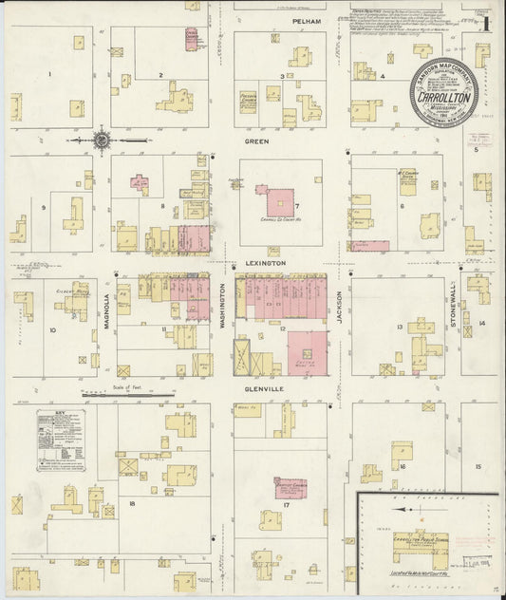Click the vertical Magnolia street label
(x=105, y=310)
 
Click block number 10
(x=52, y=330)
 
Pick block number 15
(x=478, y=466)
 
